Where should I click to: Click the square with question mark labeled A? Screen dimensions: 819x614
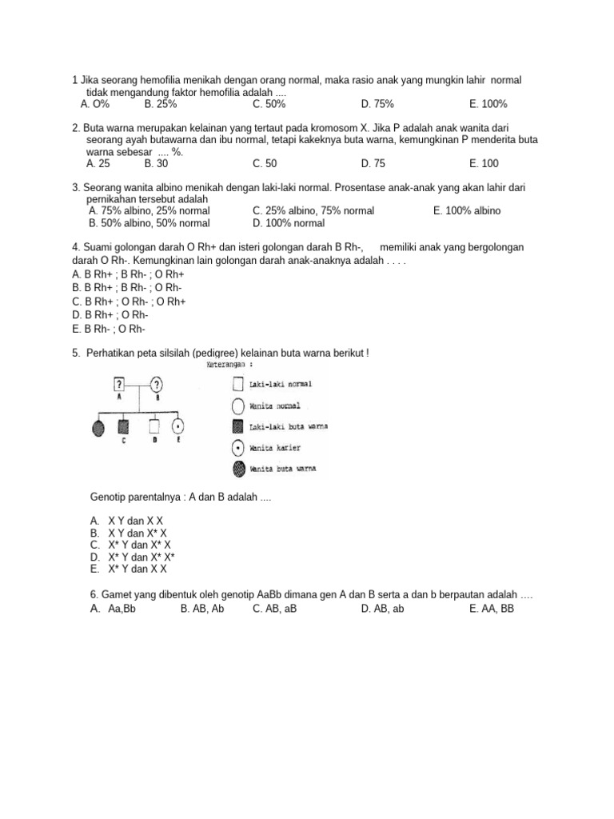click(x=119, y=383)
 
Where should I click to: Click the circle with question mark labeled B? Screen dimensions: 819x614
click(x=157, y=383)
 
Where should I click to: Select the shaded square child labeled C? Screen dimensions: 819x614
click(x=124, y=425)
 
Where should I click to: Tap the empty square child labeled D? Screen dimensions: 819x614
click(x=155, y=425)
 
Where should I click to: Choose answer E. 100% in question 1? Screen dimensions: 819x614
click(x=488, y=104)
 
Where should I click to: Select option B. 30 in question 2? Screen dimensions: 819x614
click(x=157, y=163)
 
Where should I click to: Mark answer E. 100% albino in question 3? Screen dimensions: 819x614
click(x=467, y=210)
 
